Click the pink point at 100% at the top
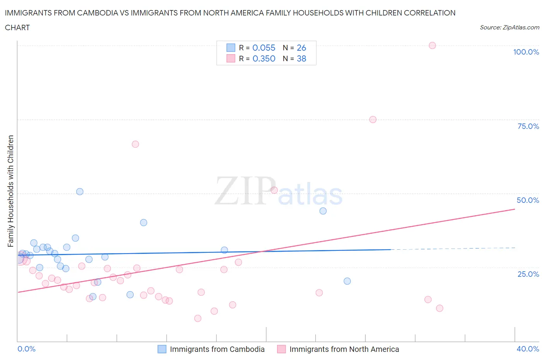(432, 45)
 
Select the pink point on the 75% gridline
(373, 120)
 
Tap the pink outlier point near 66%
(135, 144)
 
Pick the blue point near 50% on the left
(80, 192)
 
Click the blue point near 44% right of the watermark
(323, 211)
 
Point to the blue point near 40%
(144, 223)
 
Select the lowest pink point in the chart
(198, 318)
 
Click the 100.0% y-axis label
(526, 52)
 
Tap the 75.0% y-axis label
(528, 126)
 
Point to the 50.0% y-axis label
(528, 200)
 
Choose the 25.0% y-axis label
(528, 274)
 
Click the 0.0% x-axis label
(26, 349)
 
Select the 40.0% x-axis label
(528, 349)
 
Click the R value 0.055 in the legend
(264, 48)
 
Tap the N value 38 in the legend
(301, 58)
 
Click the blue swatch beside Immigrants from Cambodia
(162, 349)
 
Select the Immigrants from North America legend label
(344, 349)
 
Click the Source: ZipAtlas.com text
(509, 27)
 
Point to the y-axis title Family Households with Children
(10, 191)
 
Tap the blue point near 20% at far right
(347, 281)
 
